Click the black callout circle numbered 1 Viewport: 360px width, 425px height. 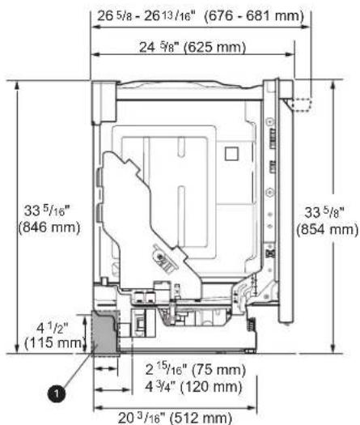click(57, 393)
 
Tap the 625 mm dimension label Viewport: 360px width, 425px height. click(215, 48)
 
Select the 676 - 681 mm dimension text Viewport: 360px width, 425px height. click(254, 16)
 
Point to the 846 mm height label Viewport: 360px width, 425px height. click(49, 227)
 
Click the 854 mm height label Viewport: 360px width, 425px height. click(327, 230)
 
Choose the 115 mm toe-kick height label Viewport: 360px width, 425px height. click(53, 343)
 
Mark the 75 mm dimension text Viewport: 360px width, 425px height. click(218, 370)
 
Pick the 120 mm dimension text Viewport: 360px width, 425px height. click(211, 386)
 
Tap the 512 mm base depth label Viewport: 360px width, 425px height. click(202, 419)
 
